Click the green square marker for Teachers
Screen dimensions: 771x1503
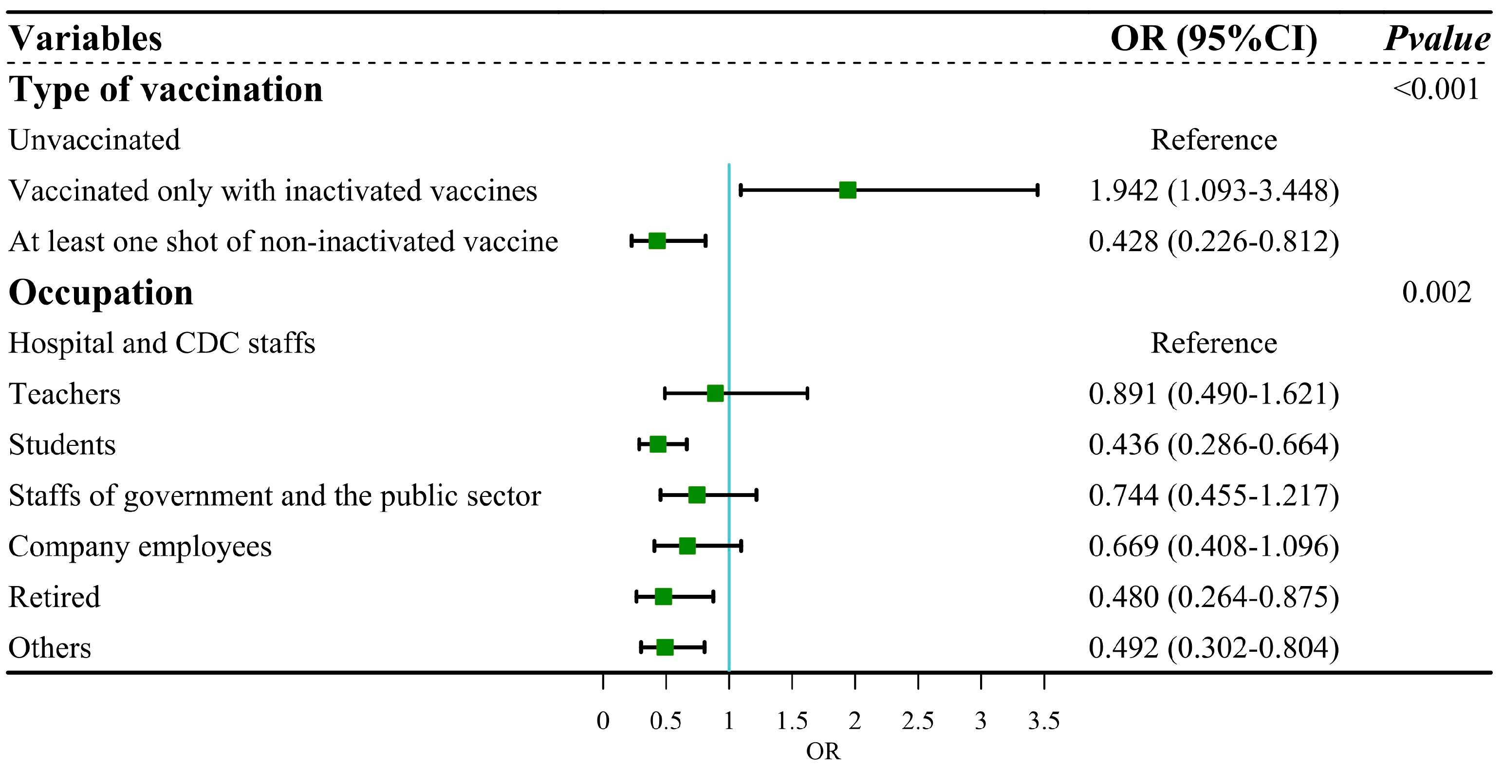[x=715, y=394]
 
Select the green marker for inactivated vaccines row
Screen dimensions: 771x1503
[x=847, y=190]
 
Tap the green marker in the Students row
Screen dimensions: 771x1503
[x=658, y=444]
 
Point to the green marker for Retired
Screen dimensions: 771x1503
[x=663, y=597]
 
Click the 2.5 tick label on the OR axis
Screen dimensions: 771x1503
[x=917, y=721]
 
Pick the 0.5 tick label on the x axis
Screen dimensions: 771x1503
[x=665, y=721]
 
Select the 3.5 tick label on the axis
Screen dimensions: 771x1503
[x=1043, y=721]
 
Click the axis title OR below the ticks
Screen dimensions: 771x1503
[x=823, y=752]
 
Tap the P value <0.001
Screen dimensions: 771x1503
[x=1435, y=89]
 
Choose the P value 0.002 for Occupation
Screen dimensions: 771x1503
[x=1436, y=292]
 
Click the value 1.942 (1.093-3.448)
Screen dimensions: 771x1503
[x=1214, y=191]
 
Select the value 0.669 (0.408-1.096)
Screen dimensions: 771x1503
[x=1214, y=547]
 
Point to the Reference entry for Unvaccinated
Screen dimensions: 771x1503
[x=1214, y=140]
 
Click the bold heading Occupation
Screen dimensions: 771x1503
[x=101, y=292]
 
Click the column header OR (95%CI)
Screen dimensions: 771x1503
[x=1214, y=39]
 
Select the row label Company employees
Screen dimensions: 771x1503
[x=140, y=547]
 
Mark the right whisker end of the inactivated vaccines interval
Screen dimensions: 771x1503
[x=1038, y=190]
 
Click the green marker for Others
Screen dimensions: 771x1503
[x=665, y=647]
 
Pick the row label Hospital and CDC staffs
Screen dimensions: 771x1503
[x=162, y=343]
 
